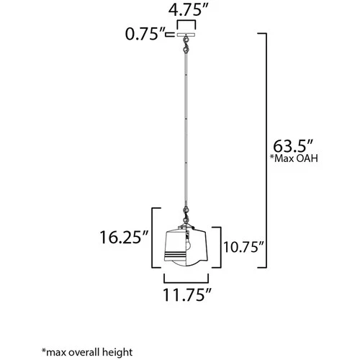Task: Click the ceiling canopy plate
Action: [x=186, y=34]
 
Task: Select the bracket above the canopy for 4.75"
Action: [x=186, y=23]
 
